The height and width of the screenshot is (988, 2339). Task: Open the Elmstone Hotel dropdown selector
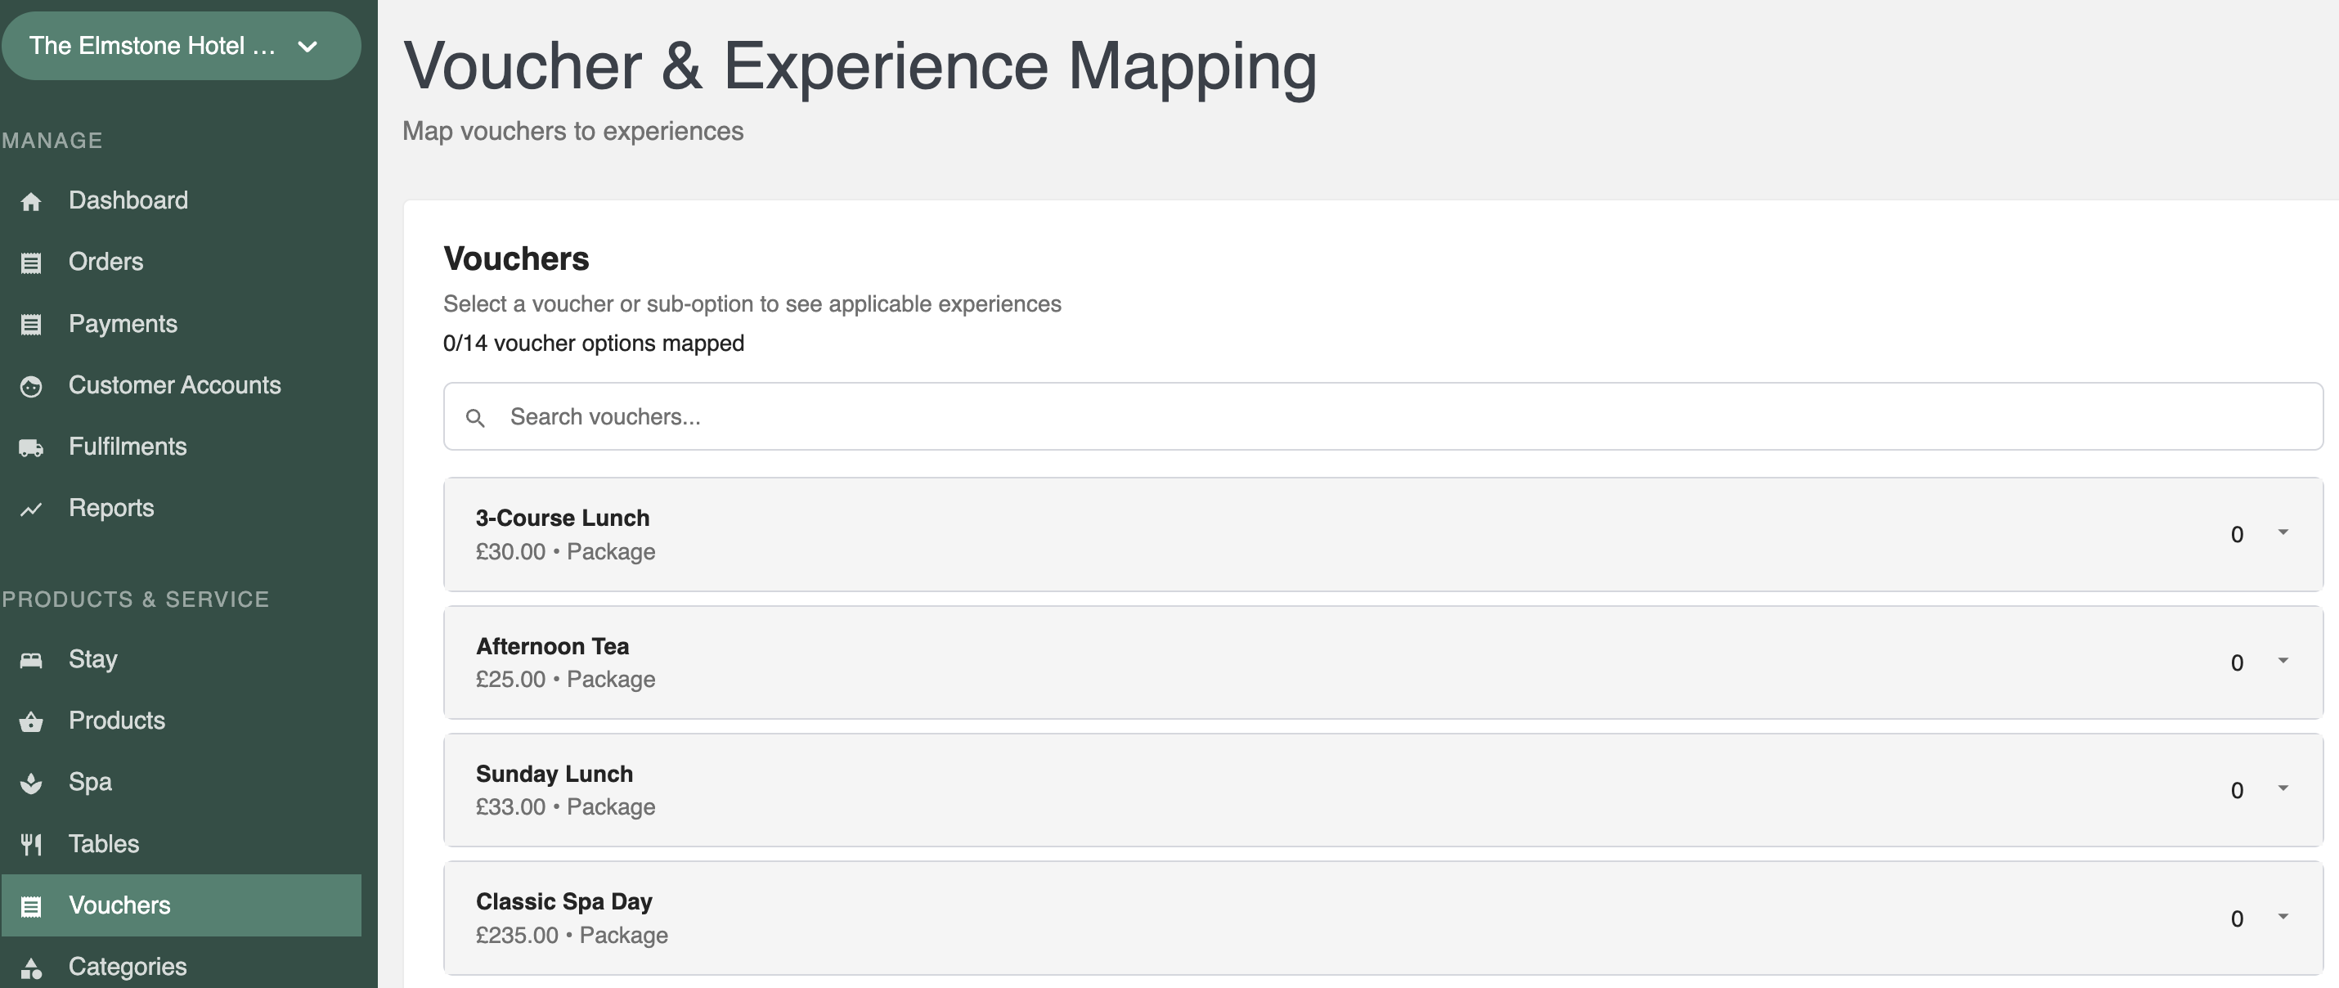pos(181,46)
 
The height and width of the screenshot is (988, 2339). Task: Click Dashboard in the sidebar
pos(128,200)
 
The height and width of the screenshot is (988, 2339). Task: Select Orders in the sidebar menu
pos(106,262)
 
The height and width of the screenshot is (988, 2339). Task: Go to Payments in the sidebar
pos(123,323)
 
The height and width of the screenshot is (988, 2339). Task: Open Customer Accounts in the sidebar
pos(174,385)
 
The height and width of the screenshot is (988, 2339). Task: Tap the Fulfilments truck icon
pos(31,447)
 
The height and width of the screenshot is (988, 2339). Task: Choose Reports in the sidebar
pos(110,508)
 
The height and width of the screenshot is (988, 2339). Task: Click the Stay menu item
pos(92,658)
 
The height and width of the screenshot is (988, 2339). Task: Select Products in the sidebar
pos(116,720)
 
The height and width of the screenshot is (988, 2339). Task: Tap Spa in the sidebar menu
pos(90,782)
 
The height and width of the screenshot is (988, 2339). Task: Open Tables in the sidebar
pos(104,843)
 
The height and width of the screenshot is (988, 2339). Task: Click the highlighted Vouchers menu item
pos(181,905)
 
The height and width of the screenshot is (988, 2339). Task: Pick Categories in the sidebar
pos(127,966)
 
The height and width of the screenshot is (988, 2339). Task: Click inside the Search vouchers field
pos(1382,417)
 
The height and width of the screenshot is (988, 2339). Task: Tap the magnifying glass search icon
pos(475,418)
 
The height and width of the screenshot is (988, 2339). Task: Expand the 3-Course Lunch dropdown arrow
pos(2283,532)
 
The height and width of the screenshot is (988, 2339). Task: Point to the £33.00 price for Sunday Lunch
pos(510,806)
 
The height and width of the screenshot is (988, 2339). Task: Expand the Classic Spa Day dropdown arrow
pos(2283,916)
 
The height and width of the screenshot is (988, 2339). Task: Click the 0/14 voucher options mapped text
pos(593,344)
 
